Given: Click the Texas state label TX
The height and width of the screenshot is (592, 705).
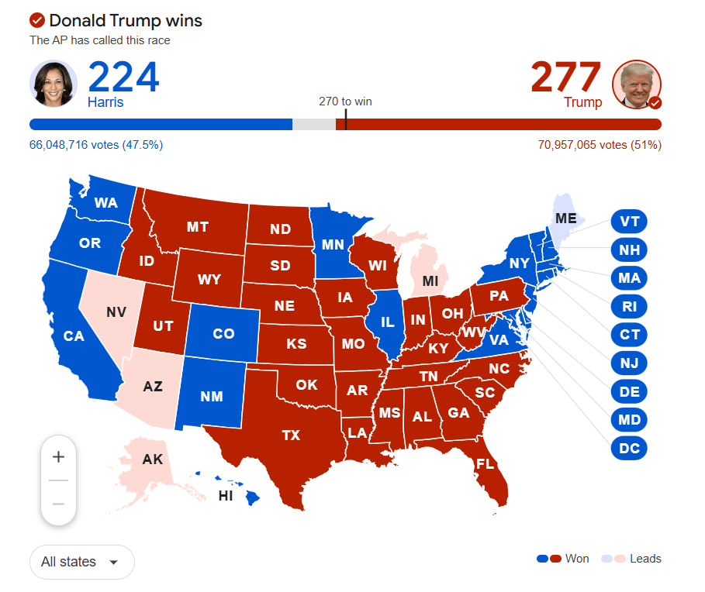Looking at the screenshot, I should pos(291,435).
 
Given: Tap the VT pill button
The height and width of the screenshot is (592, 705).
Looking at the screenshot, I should pos(629,222).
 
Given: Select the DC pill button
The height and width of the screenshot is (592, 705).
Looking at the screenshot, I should pos(629,448).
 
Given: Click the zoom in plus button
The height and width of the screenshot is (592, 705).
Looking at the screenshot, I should pos(58,457).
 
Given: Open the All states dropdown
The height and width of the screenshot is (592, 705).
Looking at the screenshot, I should pos(81,562).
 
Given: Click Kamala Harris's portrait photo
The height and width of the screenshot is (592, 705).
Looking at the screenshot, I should pos(54,84).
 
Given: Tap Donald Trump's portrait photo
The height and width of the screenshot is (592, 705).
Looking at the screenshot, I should pos(637,84).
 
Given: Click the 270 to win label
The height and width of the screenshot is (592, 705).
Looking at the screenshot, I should pos(351,102).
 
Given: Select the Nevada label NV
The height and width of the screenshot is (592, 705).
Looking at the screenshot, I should pos(116,312).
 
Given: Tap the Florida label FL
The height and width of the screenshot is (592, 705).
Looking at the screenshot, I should pos(486,465).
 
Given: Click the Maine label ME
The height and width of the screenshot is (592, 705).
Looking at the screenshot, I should pos(566,219).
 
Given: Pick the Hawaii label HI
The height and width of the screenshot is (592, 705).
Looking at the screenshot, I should pos(226,496).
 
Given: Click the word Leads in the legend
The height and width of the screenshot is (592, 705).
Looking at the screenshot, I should pos(645,559).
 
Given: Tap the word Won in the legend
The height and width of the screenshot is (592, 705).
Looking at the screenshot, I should pos(577,559).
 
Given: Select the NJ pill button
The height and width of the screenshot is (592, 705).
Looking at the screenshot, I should pos(629,363).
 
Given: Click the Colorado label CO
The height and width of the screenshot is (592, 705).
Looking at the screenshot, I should pos(223,334).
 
